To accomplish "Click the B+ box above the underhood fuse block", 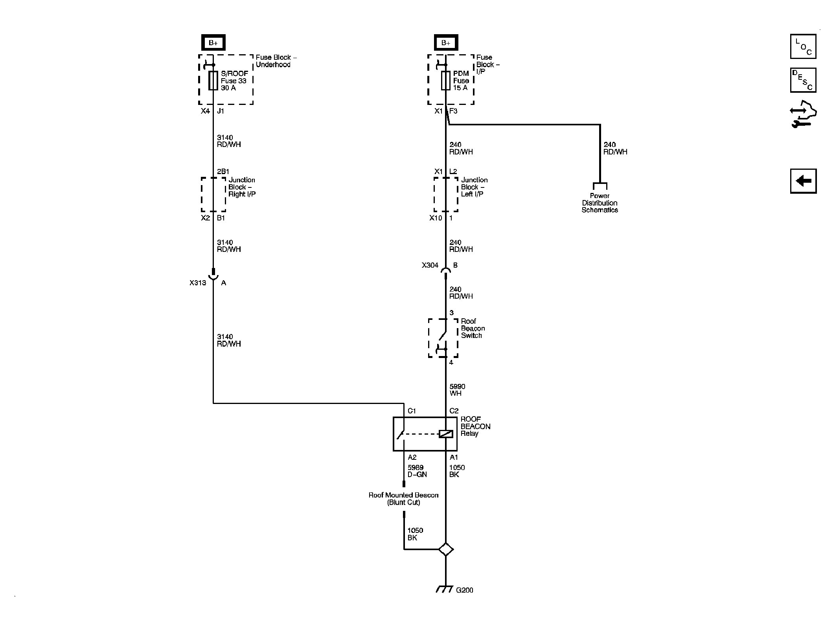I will point(213,43).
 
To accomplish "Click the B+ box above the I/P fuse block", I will point(445,43).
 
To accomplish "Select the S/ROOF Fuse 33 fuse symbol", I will point(213,81).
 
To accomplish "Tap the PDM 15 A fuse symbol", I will point(445,81).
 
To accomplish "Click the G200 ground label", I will point(464,601).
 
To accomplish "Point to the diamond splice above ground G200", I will point(445,549).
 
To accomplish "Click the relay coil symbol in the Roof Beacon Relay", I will point(446,434).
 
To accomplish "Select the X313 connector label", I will point(197,283).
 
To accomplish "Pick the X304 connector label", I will point(430,265).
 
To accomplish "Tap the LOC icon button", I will point(803,46).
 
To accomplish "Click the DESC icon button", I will point(803,80).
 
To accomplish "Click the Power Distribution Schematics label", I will point(600,203).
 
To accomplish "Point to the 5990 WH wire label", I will point(457,390).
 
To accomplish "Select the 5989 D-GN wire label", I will point(417,471).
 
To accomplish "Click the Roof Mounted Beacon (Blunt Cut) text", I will point(403,499).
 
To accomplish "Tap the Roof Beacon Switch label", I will point(473,328).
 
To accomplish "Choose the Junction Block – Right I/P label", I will point(242,187).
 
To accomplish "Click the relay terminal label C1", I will point(412,411).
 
